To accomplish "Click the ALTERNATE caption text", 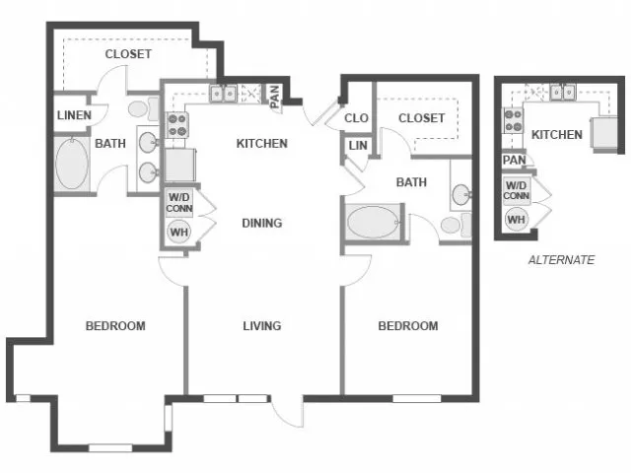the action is [561, 260].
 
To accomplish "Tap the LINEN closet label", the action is [75, 115].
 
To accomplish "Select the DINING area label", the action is [262, 223].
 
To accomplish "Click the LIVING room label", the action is [262, 325].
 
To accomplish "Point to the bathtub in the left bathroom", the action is [72, 165].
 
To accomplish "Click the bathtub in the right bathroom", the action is [373, 222].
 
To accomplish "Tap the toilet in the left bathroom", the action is [143, 108].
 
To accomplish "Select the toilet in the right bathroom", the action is [456, 226].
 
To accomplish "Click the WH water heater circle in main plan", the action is [179, 233].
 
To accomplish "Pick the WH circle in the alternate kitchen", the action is [517, 220].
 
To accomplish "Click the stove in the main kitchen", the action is [177, 125].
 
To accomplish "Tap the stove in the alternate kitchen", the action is [513, 121].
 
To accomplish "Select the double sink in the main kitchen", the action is [223, 95].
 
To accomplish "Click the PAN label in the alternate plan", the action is [515, 160].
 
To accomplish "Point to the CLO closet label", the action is [356, 118].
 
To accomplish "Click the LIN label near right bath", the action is [358, 146].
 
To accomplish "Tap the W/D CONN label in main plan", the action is [179, 203].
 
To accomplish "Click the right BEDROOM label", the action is [408, 325].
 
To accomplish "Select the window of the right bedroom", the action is [417, 398].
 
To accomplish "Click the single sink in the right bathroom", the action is [461, 195].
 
